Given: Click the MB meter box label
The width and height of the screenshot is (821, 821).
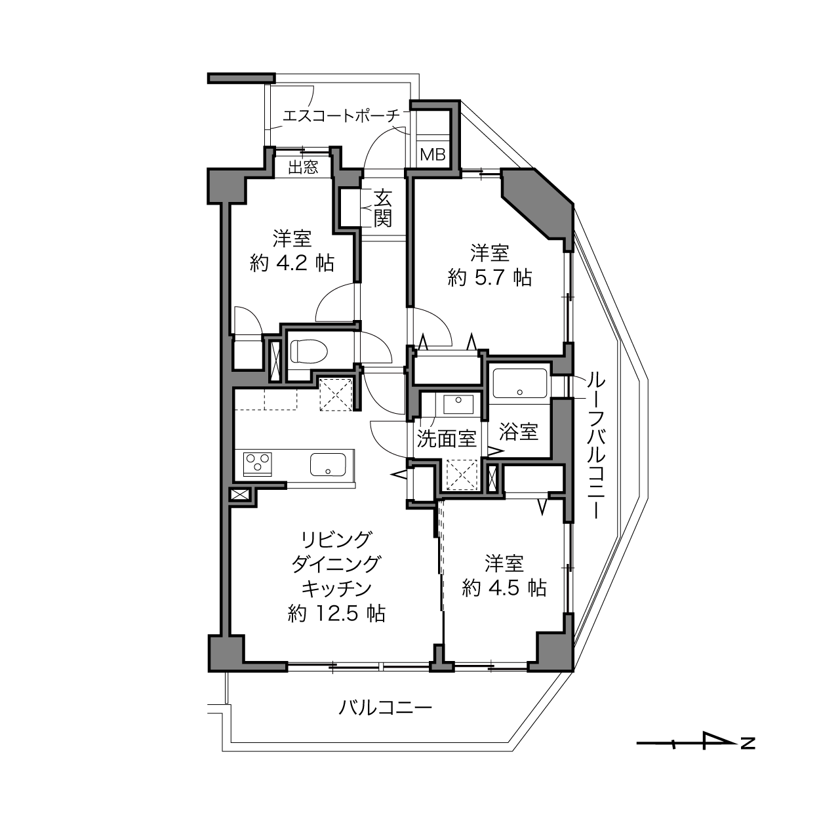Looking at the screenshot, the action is pyautogui.click(x=432, y=155).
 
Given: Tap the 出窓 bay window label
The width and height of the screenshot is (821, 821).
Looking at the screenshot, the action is pyautogui.click(x=303, y=167).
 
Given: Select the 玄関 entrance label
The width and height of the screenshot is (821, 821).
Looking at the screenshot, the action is pyautogui.click(x=382, y=209).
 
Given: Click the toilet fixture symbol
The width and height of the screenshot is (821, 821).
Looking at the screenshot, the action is pyautogui.click(x=309, y=351).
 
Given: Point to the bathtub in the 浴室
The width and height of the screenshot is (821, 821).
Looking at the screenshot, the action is pyautogui.click(x=519, y=383).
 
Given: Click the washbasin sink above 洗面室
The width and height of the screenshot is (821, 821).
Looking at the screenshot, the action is pyautogui.click(x=458, y=404).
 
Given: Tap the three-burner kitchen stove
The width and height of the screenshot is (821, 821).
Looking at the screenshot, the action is pyautogui.click(x=257, y=464).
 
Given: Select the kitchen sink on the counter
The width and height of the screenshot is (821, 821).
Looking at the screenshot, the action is pyautogui.click(x=328, y=464).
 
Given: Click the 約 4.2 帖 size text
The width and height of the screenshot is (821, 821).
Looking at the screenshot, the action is pyautogui.click(x=292, y=264).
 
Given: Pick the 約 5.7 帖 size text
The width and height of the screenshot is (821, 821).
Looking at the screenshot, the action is pyautogui.click(x=490, y=278).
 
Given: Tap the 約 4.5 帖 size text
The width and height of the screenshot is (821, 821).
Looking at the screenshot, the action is pyautogui.click(x=504, y=588).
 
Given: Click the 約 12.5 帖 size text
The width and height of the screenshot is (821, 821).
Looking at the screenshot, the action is pyautogui.click(x=336, y=614).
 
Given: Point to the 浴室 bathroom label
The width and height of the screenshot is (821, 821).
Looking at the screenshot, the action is pyautogui.click(x=519, y=431).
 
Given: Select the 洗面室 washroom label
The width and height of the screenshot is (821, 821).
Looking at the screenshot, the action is pyautogui.click(x=446, y=439).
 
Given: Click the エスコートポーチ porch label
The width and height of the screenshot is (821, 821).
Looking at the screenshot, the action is pyautogui.click(x=341, y=115).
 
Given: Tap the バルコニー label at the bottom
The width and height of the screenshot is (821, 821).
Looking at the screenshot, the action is pyautogui.click(x=385, y=708).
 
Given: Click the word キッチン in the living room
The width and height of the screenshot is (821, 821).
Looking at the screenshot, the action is pyautogui.click(x=336, y=589).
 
